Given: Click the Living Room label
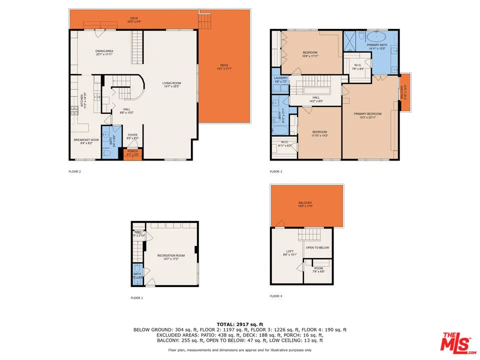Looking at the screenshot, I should [171, 84].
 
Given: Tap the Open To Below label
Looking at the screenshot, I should [317, 247].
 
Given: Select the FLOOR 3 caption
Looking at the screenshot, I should [276, 171].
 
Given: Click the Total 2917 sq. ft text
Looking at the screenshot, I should [239, 324].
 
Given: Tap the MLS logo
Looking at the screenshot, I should [456, 342].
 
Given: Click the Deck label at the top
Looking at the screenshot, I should [134, 18].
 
